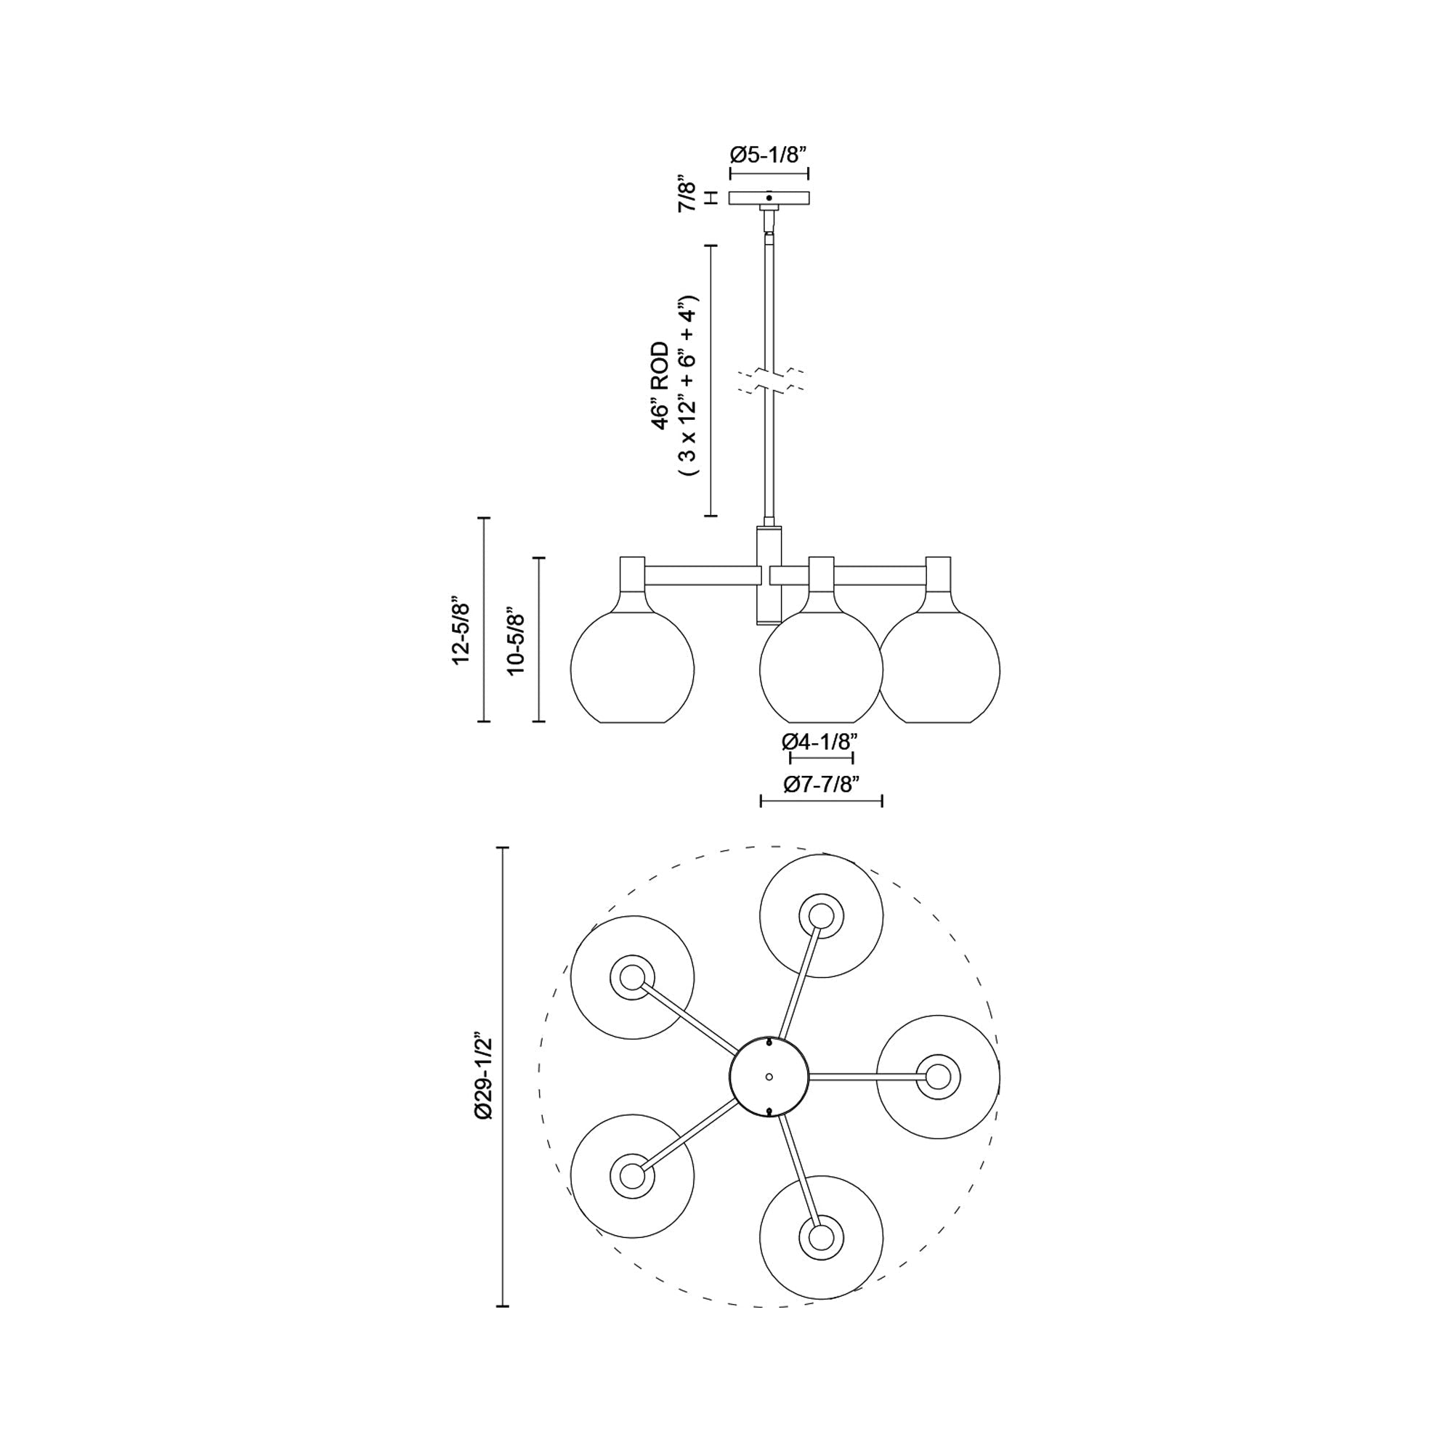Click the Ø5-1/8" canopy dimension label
[x=769, y=155]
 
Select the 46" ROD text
[x=660, y=385]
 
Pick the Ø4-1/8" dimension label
[x=819, y=742]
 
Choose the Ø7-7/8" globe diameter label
[x=820, y=785]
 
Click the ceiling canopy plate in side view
[x=769, y=198]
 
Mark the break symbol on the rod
[x=769, y=381]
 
